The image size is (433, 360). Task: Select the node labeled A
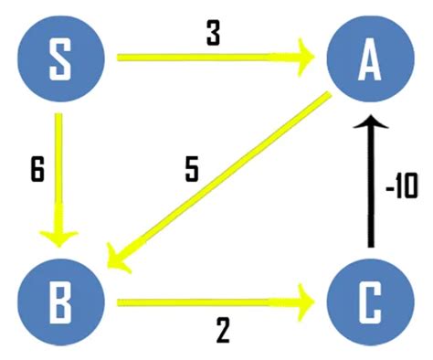click(x=369, y=59)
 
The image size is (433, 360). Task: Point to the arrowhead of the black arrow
click(x=369, y=124)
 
